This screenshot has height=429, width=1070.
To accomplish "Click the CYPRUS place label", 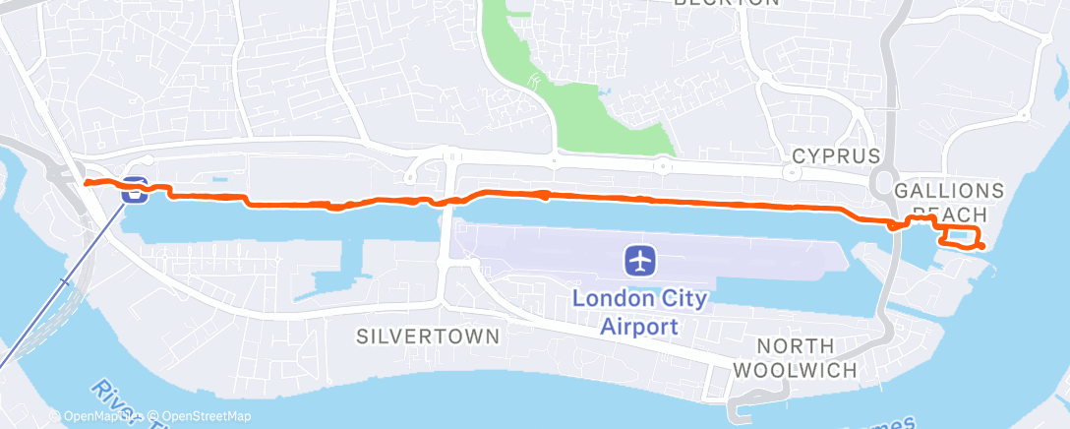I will [835, 156].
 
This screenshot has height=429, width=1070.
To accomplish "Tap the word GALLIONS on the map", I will [949, 190].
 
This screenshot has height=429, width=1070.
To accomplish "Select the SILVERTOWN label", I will [427, 336].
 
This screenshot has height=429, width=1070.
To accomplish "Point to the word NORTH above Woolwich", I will [797, 346].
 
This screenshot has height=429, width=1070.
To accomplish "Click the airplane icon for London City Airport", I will [640, 261].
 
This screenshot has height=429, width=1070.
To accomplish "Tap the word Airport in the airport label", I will [641, 326].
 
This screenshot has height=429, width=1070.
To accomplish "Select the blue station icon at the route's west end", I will [135, 190].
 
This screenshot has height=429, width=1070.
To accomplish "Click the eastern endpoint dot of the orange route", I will [981, 246].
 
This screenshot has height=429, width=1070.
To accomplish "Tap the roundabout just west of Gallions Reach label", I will [877, 181].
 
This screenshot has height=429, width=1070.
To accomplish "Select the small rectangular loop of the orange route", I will [959, 236].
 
